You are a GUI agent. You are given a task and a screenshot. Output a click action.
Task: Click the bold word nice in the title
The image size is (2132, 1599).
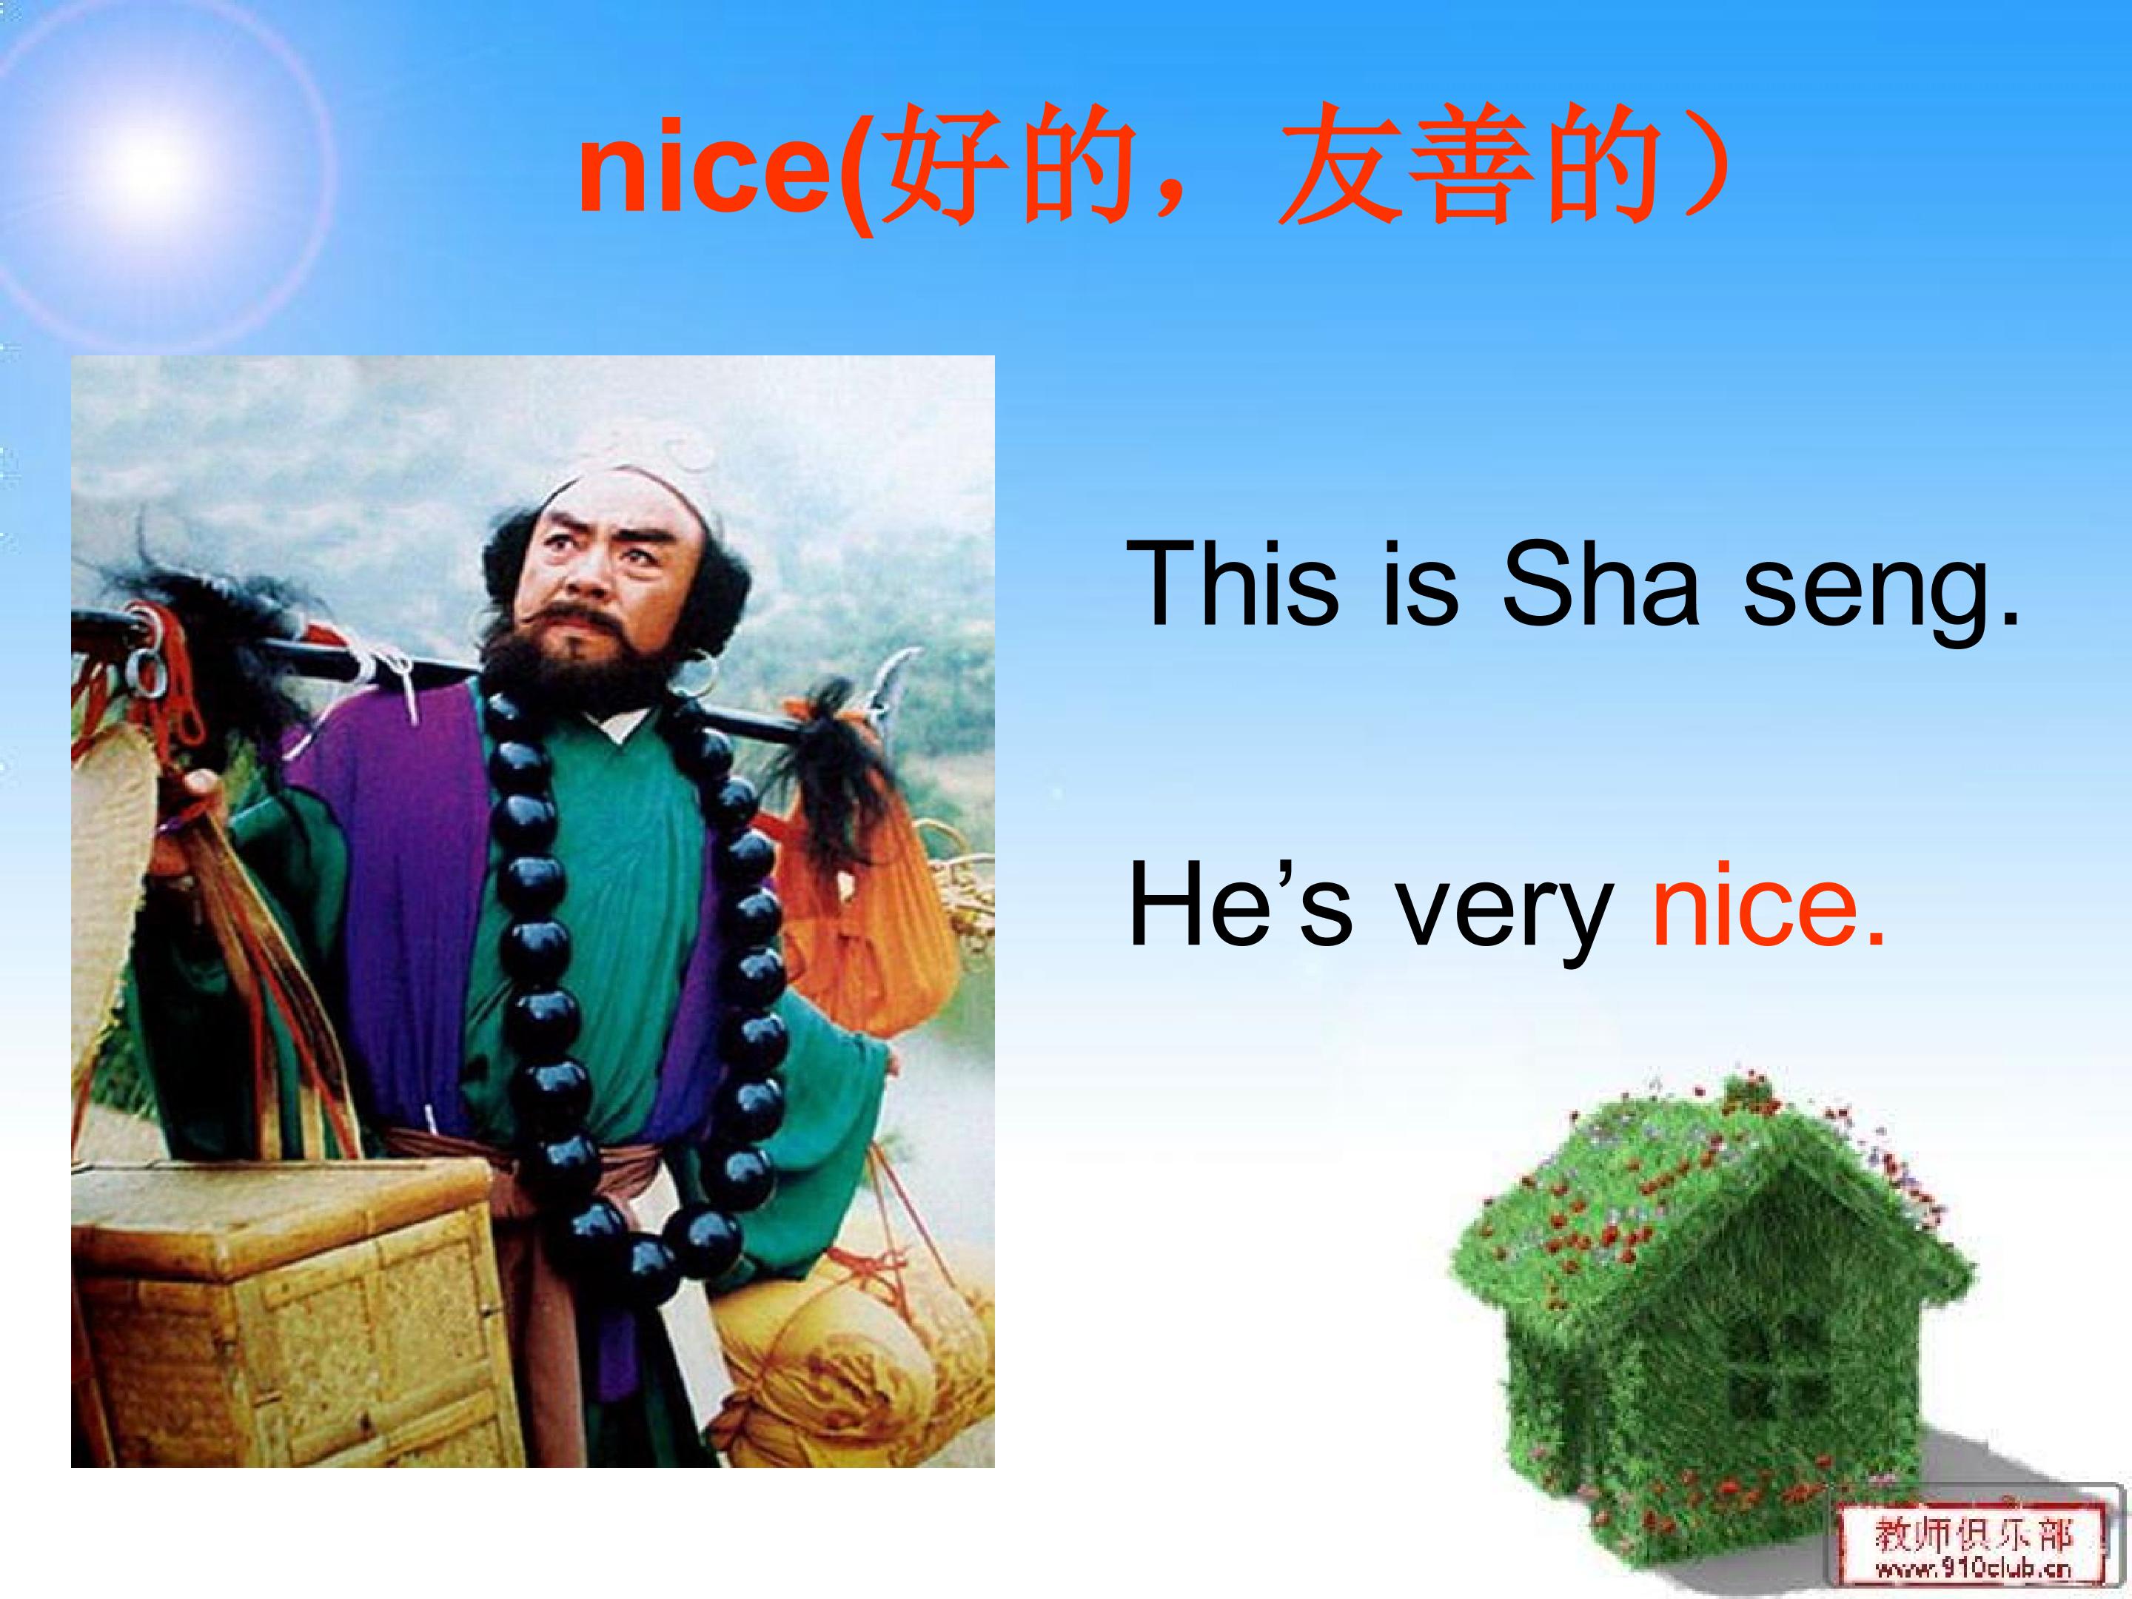[703, 173]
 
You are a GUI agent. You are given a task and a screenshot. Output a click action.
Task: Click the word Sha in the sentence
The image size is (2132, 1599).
[1599, 583]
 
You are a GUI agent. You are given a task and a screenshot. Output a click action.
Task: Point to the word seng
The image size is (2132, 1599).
[1880, 588]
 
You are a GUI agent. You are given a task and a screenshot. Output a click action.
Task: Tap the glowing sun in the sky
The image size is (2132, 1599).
[150, 164]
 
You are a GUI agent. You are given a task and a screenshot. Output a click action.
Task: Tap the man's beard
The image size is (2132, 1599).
[559, 655]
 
